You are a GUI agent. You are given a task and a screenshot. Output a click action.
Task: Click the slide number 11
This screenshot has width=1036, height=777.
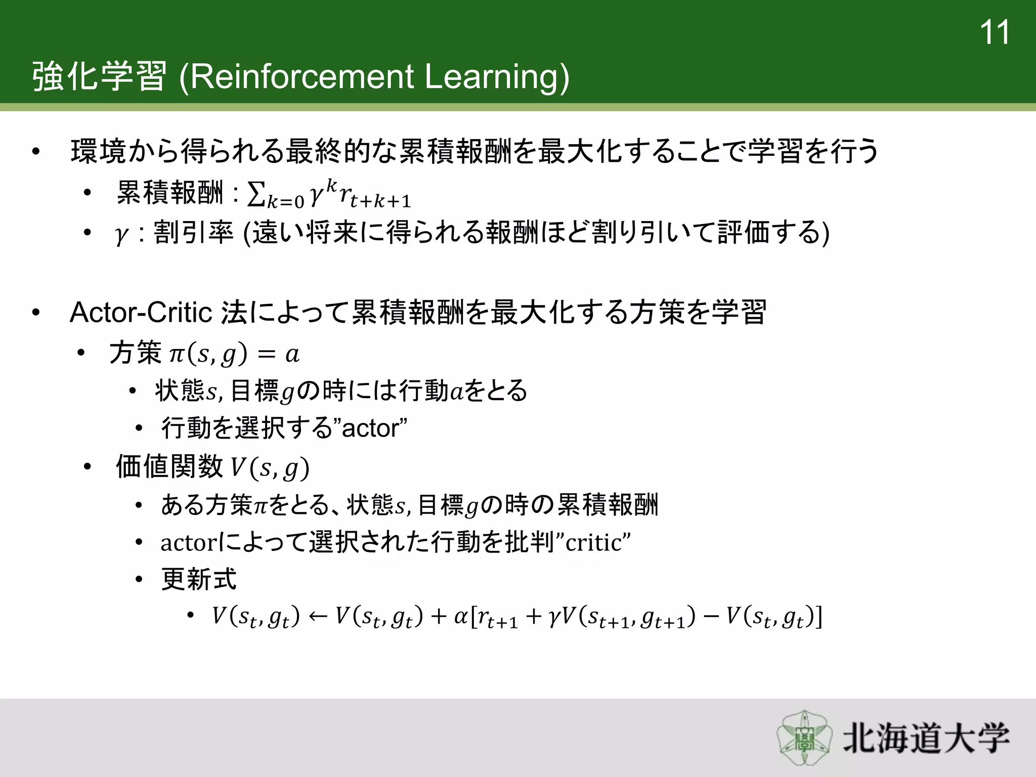click(x=994, y=33)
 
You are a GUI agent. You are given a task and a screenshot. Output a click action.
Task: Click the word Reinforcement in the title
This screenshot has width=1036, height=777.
click(x=303, y=77)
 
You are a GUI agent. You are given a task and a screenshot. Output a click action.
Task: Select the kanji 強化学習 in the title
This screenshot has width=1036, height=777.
click(x=99, y=77)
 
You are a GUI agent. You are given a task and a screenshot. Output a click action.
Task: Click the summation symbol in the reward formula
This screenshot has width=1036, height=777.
click(x=256, y=194)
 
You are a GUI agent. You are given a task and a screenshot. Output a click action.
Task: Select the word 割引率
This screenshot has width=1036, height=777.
click(x=194, y=233)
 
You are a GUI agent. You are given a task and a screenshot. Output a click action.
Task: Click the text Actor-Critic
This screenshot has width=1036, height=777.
click(x=141, y=312)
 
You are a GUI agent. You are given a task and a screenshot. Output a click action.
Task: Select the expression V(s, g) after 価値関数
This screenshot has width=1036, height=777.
click(x=270, y=467)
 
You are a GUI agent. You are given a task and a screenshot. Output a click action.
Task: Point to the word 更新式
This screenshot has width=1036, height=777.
click(x=199, y=579)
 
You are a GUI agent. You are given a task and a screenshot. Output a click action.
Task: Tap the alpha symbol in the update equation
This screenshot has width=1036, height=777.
click(x=460, y=617)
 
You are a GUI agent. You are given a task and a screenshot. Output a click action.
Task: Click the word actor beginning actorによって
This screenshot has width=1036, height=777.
click(x=188, y=543)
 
